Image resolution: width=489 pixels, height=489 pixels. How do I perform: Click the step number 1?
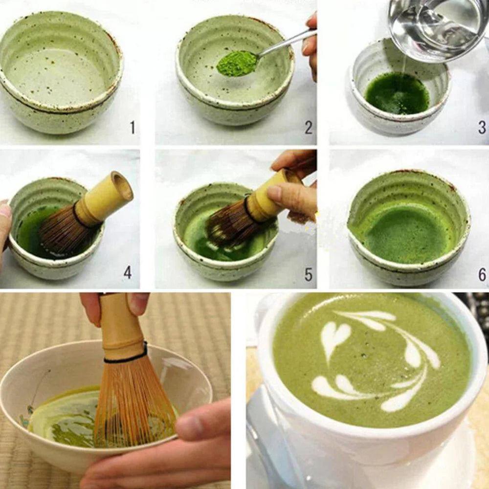[x=133, y=128]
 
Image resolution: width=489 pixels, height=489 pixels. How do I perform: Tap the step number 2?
[x=309, y=128]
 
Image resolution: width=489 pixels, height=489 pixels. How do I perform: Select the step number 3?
[x=482, y=128]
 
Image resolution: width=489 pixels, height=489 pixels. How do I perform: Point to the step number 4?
[x=128, y=272]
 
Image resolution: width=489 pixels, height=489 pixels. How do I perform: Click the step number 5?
[x=309, y=274]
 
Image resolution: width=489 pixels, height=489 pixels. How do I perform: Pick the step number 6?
[x=482, y=274]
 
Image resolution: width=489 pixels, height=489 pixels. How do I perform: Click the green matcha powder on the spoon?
[x=237, y=64]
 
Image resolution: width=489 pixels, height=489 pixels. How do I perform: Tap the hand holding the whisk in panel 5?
[x=293, y=191]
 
